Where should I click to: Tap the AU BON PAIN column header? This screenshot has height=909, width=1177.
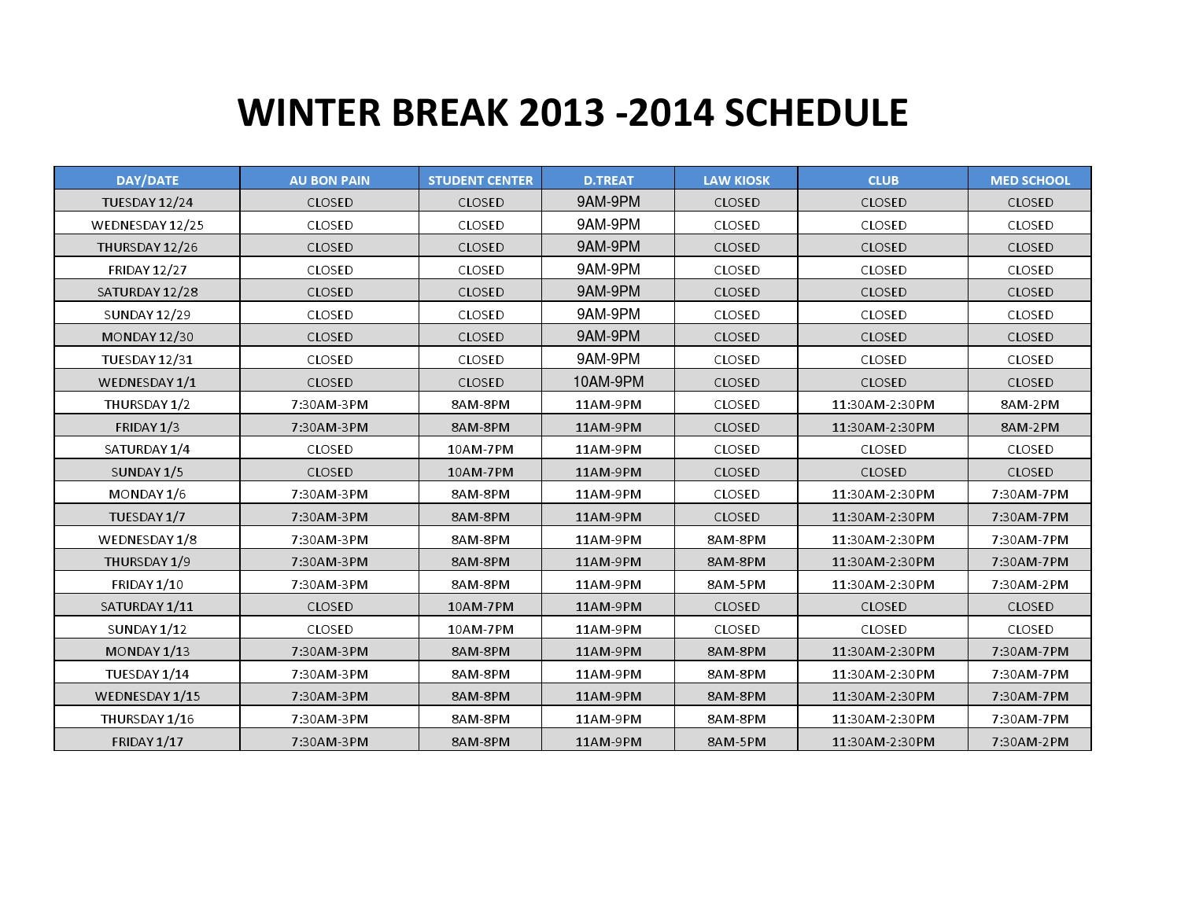point(330,180)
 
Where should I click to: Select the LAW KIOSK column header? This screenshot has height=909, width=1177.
point(736,180)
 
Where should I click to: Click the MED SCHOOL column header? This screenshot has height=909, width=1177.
point(1030,180)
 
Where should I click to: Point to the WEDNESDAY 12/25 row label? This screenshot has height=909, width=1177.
point(147,225)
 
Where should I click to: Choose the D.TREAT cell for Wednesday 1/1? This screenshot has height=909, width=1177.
point(608,382)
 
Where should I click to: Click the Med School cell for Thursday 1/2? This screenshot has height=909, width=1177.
point(1030,404)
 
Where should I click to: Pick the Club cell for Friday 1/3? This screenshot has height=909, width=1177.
point(883,427)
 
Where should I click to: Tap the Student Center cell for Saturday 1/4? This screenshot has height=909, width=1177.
point(480,449)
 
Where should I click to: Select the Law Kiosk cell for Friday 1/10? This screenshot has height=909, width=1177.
point(736,584)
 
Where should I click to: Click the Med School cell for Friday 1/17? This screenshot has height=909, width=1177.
point(1030,742)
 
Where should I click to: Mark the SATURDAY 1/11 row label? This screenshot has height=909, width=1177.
point(147,606)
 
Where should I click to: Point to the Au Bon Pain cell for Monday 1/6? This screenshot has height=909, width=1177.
point(330,494)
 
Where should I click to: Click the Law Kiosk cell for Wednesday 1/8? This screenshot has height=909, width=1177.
point(736,539)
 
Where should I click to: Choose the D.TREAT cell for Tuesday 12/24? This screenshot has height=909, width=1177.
point(608,202)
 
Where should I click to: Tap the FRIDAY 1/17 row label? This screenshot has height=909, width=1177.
point(147,742)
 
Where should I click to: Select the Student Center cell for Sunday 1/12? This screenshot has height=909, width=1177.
point(480,629)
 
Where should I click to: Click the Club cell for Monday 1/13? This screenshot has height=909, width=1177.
point(883,651)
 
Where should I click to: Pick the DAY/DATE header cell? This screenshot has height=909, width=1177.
point(147,180)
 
